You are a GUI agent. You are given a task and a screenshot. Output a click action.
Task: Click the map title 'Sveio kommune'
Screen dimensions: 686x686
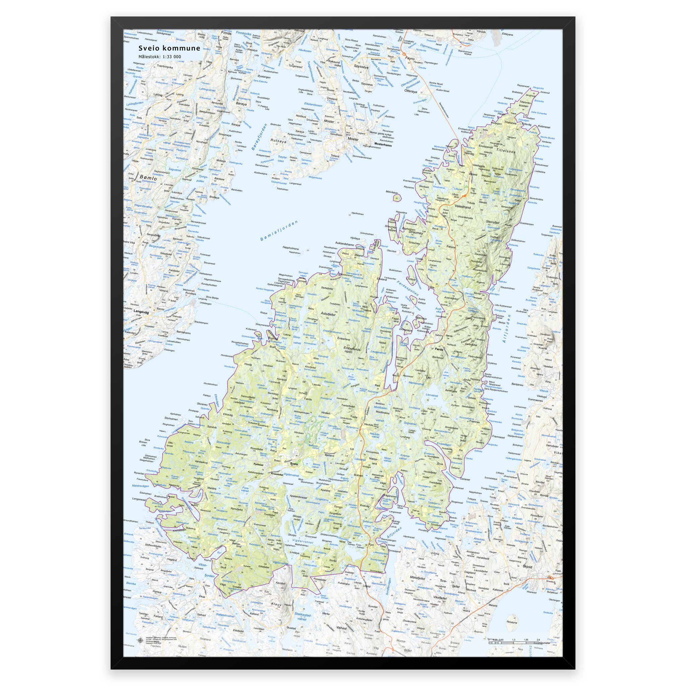(x=169, y=48)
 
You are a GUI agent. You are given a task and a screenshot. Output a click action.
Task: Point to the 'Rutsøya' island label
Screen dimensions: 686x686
(x=278, y=140)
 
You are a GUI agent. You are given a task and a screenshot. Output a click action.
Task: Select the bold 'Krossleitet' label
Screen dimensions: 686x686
(x=277, y=474)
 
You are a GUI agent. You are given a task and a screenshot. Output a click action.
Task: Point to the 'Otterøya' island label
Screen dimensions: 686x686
(x=410, y=91)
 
